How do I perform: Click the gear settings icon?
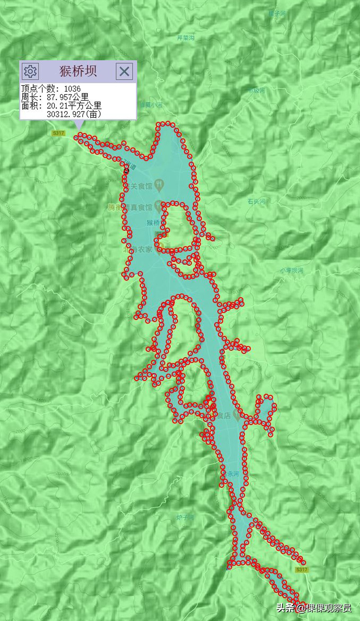click(30, 71)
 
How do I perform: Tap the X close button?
click(124, 71)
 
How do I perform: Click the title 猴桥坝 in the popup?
click(78, 71)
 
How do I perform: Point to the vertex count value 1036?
click(72, 89)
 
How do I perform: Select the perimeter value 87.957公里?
click(68, 97)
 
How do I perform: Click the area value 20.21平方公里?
click(74, 106)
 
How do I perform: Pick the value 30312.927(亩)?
click(74, 114)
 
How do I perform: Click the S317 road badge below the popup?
click(58, 133)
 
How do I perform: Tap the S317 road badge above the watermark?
click(302, 569)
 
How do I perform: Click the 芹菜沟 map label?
click(185, 38)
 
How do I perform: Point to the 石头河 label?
click(256, 201)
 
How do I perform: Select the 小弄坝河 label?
click(292, 270)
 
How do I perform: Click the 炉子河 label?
click(185, 517)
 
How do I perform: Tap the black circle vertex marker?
click(126, 171)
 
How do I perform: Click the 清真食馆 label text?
click(137, 208)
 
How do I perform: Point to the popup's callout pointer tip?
click(79, 129)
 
